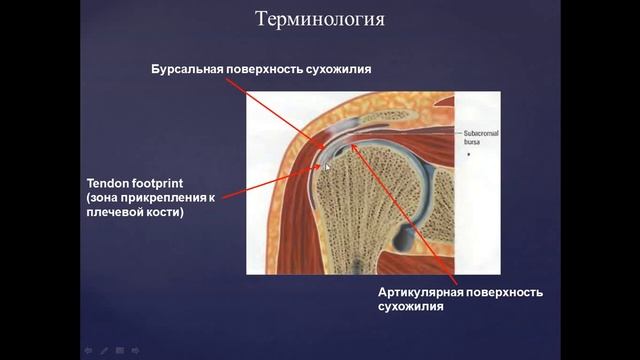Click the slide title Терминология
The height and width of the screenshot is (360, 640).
320,20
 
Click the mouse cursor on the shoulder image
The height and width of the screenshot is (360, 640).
327,167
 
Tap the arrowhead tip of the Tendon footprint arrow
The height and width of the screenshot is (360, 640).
318,165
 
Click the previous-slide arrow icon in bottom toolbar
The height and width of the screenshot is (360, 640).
88,351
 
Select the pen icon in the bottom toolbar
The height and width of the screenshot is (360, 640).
103,351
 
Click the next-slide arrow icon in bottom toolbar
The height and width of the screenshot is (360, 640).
135,351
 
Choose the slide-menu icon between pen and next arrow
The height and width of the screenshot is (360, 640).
119,351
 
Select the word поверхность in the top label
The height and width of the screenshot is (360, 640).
268,69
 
